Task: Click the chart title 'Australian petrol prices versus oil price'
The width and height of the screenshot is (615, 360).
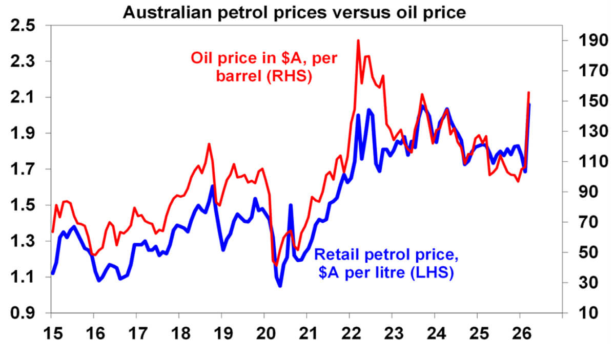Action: (294, 11)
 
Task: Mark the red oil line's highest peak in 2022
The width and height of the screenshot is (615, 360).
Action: (358, 40)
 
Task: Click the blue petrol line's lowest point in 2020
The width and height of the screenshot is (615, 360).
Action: (280, 286)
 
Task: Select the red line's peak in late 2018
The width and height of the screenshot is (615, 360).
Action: (209, 144)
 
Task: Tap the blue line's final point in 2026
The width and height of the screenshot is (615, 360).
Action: (529, 104)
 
